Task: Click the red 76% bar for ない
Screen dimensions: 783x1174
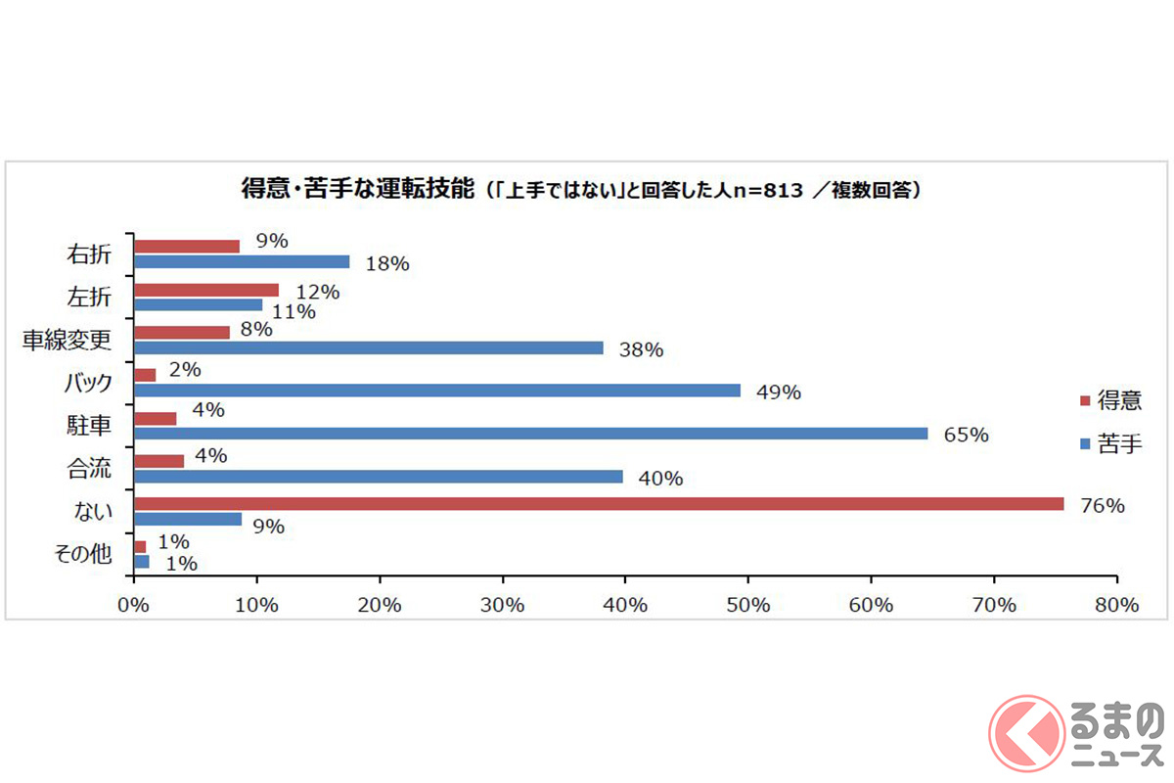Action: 599,504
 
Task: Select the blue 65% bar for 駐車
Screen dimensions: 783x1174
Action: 530,434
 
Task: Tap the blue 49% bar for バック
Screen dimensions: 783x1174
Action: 436,391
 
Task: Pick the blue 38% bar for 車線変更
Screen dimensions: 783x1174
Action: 368,347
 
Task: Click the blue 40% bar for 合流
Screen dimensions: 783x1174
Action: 378,477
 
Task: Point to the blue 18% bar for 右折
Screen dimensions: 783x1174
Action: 241,261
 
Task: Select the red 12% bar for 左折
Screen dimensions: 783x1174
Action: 205,290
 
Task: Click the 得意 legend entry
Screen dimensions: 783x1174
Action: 1109,400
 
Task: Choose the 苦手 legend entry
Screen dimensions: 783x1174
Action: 1109,443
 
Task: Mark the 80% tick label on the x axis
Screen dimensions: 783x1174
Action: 1117,605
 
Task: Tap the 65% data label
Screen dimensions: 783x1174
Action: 967,436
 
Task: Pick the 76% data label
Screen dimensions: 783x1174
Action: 1103,506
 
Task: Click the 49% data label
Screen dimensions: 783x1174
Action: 780,392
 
